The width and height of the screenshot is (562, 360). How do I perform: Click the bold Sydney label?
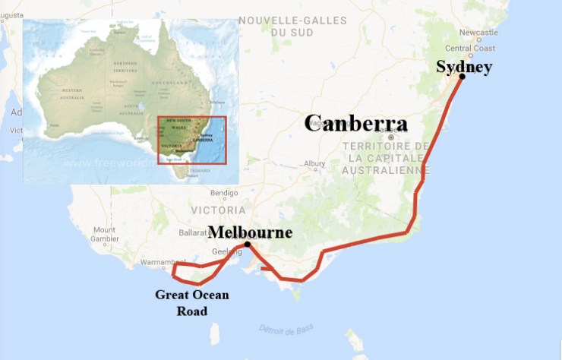pos(463,67)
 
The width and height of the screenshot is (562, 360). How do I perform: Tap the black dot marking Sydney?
pos(462,76)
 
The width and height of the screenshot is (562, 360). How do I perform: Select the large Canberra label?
pos(355,124)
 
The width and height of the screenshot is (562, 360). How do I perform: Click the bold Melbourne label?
pos(250,232)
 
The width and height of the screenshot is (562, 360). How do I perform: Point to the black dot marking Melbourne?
pos(248,244)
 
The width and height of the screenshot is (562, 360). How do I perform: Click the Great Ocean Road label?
pos(192,302)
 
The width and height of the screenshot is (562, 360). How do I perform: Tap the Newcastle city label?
pos(478,33)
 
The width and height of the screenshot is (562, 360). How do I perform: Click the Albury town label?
pos(314,163)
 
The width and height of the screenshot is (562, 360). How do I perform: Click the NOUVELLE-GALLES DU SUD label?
pos(286,27)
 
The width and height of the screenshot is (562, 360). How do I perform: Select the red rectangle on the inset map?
pos(191,140)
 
